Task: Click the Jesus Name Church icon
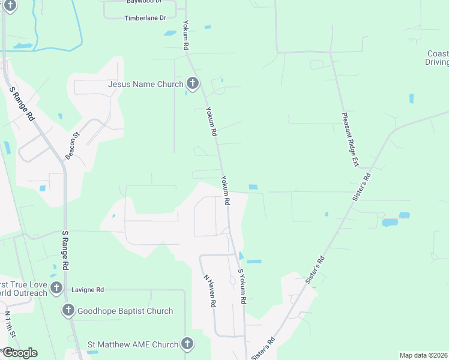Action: pyautogui.click(x=193, y=83)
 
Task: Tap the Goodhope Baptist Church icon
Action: pyautogui.click(x=68, y=310)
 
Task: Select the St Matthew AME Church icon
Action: pyautogui.click(x=187, y=344)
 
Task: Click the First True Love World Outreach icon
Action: pyautogui.click(x=56, y=287)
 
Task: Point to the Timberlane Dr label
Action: pyautogui.click(x=145, y=18)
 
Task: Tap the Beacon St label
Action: pyautogui.click(x=73, y=146)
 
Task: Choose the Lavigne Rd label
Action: pyautogui.click(x=88, y=290)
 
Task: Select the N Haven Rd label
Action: pyautogui.click(x=209, y=291)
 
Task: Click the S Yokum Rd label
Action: pyautogui.click(x=243, y=286)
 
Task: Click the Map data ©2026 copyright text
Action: pyautogui.click(x=423, y=355)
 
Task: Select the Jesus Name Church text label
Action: pyautogui.click(x=145, y=84)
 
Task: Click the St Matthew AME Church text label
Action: pyautogui.click(x=133, y=344)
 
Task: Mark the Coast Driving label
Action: pyautogui.click(x=437, y=58)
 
